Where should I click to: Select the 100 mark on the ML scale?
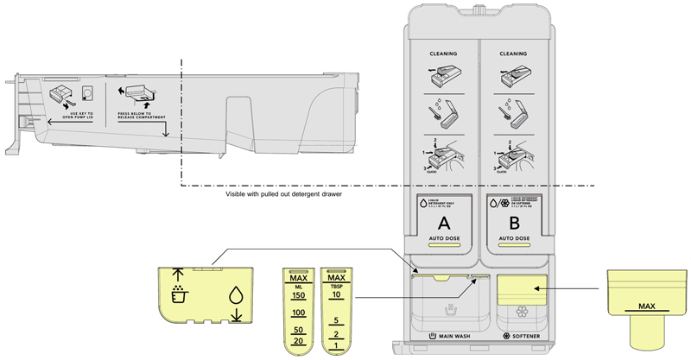tap(300, 312)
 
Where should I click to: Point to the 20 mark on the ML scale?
tap(300, 341)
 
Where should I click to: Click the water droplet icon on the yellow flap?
tap(234, 294)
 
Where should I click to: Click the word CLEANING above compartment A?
tap(442, 54)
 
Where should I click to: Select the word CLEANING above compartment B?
tap(517, 54)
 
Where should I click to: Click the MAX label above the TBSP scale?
tap(337, 278)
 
